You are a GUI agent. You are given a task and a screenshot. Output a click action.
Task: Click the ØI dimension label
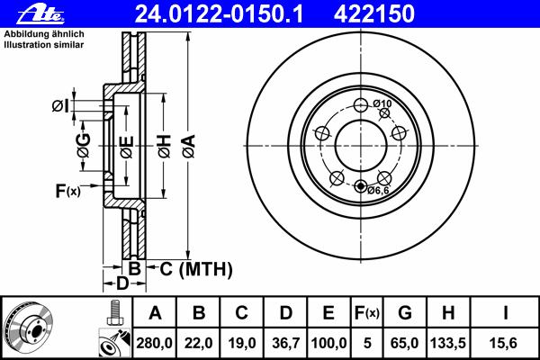(x=59, y=106)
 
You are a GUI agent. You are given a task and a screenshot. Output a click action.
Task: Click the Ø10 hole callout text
(x=383, y=103)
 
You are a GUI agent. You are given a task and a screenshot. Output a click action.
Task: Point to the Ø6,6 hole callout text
(x=378, y=190)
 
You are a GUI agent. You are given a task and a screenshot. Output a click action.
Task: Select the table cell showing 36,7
(x=285, y=343)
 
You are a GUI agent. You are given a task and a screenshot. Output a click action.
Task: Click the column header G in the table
(x=404, y=313)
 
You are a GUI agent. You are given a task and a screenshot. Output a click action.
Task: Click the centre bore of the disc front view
(x=360, y=144)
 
